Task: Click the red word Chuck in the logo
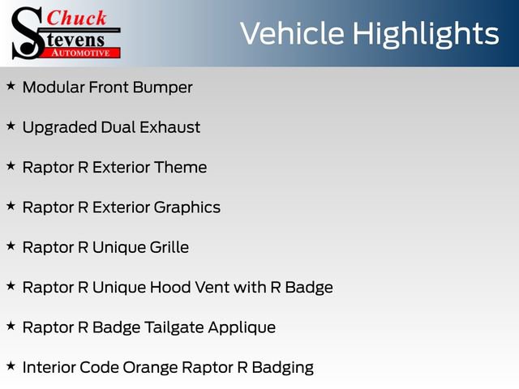77,18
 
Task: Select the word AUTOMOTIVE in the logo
81,52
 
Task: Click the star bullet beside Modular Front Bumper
11,85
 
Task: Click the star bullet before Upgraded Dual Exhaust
11,126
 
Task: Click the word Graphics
188,207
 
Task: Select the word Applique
244,328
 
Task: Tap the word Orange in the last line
150,368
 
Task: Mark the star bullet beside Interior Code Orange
11,366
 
